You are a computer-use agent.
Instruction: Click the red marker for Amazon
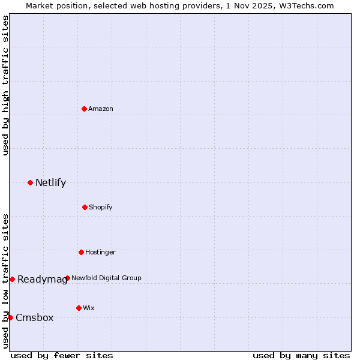coord(84,109)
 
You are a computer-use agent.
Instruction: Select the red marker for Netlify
coord(30,182)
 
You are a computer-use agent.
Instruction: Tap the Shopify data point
coord(85,207)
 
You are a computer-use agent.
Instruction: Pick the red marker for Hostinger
coord(81,252)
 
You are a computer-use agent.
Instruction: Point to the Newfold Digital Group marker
coord(67,278)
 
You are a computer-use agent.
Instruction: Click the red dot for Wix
coord(79,308)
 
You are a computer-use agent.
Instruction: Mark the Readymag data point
coord(12,279)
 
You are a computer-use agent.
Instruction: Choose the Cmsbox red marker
coord(10,317)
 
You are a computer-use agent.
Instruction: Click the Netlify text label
coord(50,183)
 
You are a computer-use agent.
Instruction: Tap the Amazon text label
coord(101,109)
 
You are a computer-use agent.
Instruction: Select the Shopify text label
coord(101,208)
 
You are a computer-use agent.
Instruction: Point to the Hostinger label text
coord(100,253)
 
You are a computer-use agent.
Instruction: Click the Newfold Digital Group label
coord(106,278)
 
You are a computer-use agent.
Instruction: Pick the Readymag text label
coord(42,280)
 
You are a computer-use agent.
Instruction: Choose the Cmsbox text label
coord(35,318)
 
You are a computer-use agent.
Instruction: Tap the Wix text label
coord(89,308)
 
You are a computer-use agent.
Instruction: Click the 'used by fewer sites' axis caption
coord(62,355)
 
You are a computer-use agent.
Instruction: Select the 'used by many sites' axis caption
coord(301,355)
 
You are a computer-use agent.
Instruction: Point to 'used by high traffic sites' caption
coord(5,85)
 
